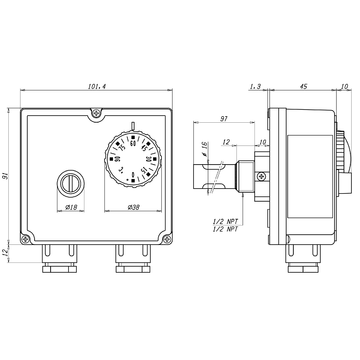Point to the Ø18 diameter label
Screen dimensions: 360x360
click(72, 208)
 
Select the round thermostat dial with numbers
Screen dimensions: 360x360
click(131, 157)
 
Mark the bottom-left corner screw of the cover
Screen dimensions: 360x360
click(26, 238)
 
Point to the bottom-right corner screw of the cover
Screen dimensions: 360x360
click(166, 238)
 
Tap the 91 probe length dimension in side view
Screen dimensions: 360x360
click(224, 121)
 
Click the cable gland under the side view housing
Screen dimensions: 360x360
click(303, 261)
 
